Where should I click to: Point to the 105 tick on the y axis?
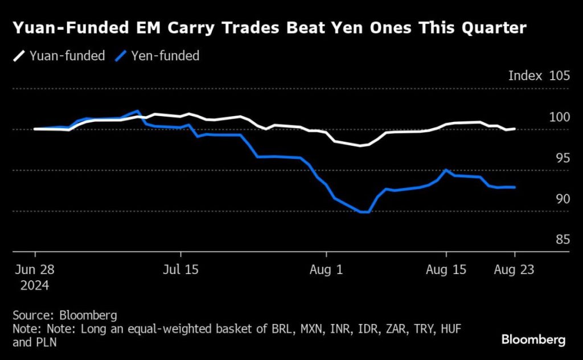point(559,76)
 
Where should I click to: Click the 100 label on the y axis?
point(559,117)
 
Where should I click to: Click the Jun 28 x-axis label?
point(35,269)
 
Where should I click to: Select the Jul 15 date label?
point(180,269)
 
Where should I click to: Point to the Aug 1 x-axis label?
point(326,269)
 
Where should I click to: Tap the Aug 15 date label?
point(446,269)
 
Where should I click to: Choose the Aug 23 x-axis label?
point(515,269)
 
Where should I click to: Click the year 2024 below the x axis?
point(35,284)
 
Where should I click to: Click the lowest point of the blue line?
point(364,212)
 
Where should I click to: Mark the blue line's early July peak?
point(138,111)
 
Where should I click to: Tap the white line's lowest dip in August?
point(360,146)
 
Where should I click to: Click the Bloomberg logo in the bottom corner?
point(533,340)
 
